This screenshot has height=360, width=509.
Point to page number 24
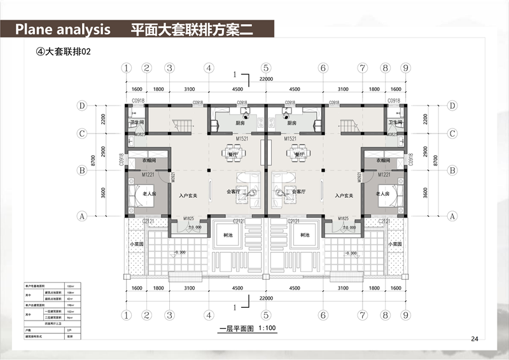point(474,338)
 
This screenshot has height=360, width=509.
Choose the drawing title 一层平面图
point(236,329)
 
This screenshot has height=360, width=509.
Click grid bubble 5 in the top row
point(266,68)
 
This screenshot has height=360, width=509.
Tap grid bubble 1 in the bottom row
point(127,314)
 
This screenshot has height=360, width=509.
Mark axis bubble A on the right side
point(452,216)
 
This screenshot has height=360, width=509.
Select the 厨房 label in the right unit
point(292,124)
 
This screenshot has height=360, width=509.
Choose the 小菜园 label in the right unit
point(395,242)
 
